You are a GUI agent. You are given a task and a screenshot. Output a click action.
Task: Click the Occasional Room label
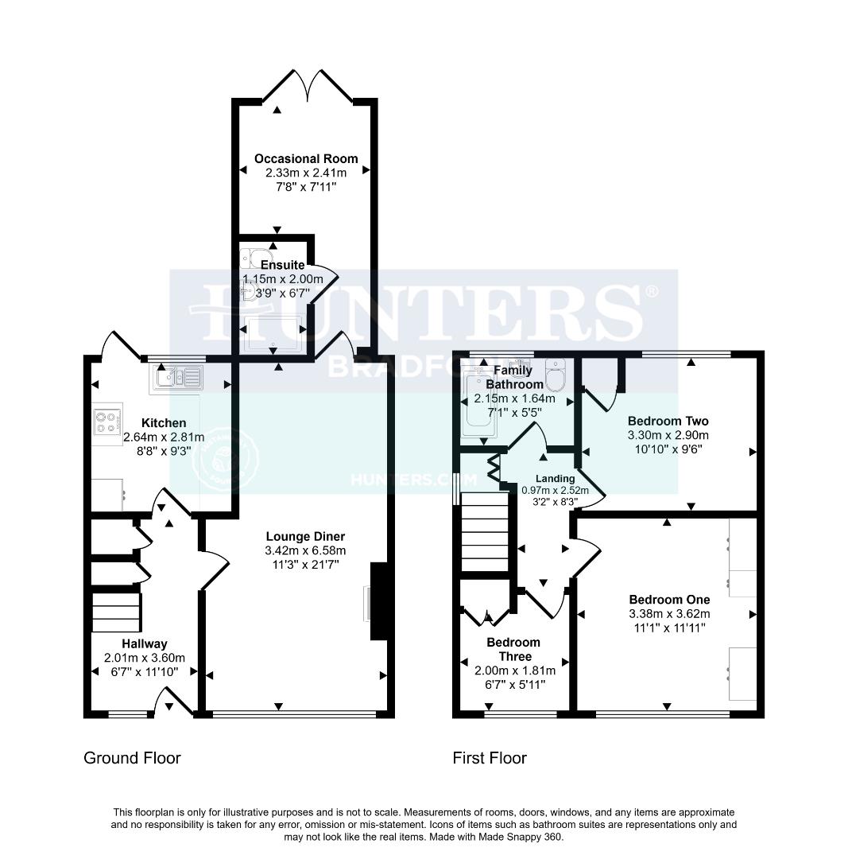tap(306, 158)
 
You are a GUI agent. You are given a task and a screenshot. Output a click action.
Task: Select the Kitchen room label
tap(164, 422)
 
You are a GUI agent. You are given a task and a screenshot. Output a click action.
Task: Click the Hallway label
tap(144, 643)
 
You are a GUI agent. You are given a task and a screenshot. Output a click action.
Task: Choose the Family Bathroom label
tap(513, 378)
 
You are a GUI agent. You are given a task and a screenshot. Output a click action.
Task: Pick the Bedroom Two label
tap(668, 421)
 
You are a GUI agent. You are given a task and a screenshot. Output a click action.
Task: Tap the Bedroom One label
tap(669, 599)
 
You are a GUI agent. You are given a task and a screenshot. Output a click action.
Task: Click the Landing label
tap(555, 478)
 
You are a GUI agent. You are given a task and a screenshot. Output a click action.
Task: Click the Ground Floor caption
tap(132, 758)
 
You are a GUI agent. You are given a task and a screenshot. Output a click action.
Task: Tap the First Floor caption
tap(490, 758)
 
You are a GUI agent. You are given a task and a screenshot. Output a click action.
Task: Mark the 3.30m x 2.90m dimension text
tap(668, 435)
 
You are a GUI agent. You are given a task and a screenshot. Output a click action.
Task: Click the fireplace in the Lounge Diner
tap(378, 601)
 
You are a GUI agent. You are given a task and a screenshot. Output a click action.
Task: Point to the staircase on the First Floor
tap(484, 531)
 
